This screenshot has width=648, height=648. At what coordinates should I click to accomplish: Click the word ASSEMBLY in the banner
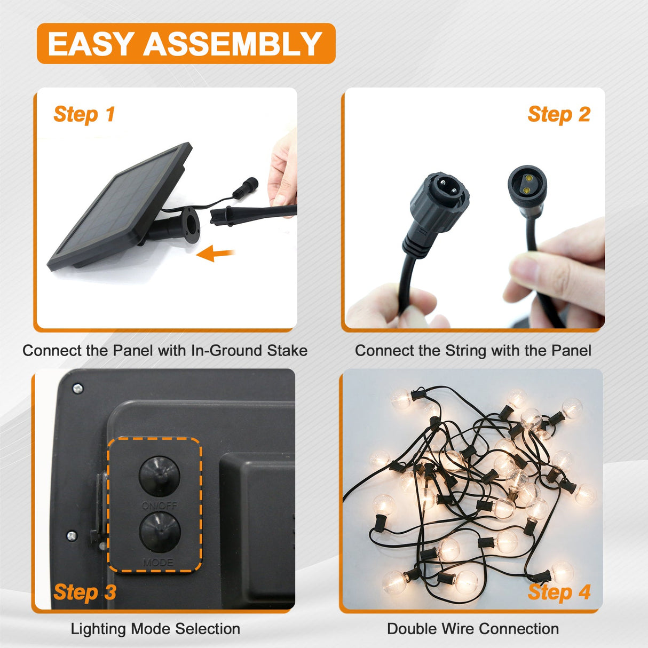233,44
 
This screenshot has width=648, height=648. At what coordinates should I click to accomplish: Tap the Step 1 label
84,115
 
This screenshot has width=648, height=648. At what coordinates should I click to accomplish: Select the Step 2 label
559,115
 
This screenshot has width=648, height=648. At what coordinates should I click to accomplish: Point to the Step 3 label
85,592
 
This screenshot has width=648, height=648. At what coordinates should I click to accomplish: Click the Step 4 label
559,592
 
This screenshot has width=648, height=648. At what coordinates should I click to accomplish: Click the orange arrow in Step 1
215,253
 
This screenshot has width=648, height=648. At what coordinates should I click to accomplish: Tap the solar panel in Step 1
120,206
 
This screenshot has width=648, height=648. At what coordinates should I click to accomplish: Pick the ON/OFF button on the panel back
160,476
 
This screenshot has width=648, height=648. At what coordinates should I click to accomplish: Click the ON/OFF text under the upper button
160,505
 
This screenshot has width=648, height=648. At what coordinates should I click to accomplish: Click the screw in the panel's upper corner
78,389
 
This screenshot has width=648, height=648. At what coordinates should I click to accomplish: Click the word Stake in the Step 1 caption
287,351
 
